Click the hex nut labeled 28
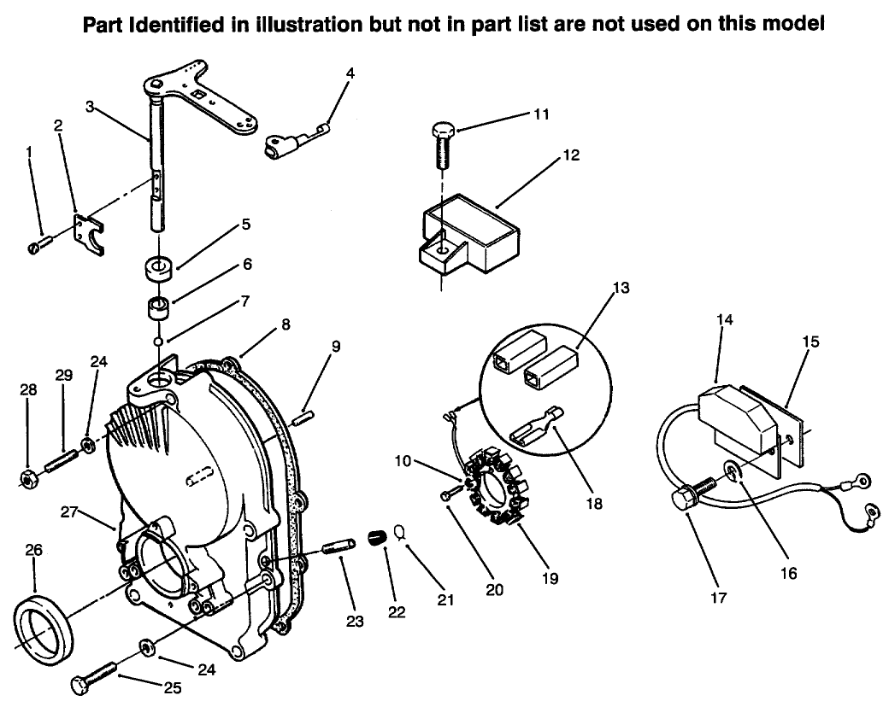click(x=27, y=480)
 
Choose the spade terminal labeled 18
click(x=534, y=435)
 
